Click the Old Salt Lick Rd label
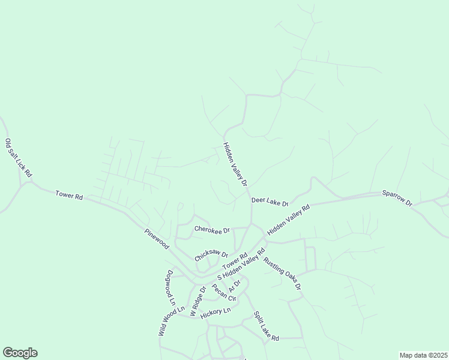pyautogui.click(x=18, y=158)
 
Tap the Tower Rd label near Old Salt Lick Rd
pyautogui.click(x=69, y=195)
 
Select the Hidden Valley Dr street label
pyautogui.click(x=235, y=164)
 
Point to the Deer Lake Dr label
pyautogui.click(x=270, y=202)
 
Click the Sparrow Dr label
pyautogui.click(x=397, y=199)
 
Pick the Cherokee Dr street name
pyautogui.click(x=212, y=230)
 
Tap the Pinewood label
pyautogui.click(x=157, y=239)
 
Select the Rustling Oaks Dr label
pyautogui.click(x=282, y=274)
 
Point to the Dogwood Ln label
pyautogui.click(x=170, y=289)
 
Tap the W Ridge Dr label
pyautogui.click(x=197, y=301)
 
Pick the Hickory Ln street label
pyautogui.click(x=215, y=313)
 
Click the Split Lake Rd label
pyautogui.click(x=266, y=326)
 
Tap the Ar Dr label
pyautogui.click(x=235, y=286)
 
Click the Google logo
pyautogui.click(x=20, y=353)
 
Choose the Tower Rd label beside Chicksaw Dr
pyautogui.click(x=235, y=262)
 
